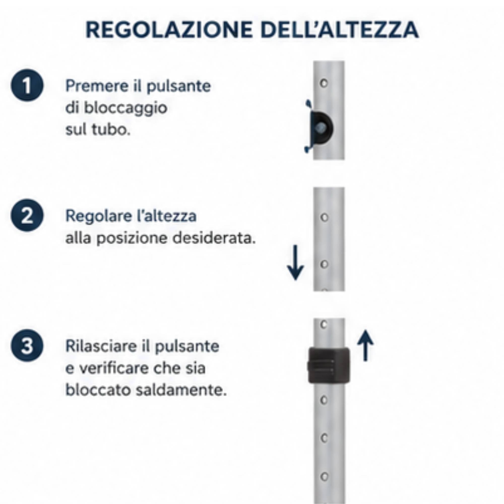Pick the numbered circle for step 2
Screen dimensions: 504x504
coord(27,215)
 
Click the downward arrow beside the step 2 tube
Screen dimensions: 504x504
coord(295,263)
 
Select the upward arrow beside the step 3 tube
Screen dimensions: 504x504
coord(365,345)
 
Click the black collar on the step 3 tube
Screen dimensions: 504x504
coord(329,365)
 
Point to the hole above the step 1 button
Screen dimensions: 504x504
coord(324,83)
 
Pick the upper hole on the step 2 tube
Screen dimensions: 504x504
coord(324,217)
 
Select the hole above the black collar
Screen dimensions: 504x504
coord(324,325)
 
